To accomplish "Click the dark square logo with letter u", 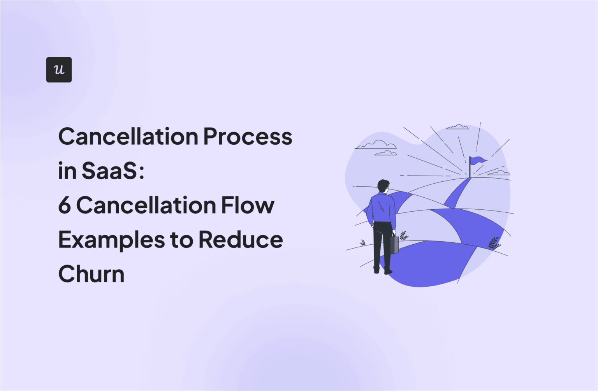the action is click(59, 70).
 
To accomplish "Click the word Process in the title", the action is click(248, 137).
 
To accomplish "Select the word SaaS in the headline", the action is click(109, 171).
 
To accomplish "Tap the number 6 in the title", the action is click(65, 205).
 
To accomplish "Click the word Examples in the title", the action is click(111, 240).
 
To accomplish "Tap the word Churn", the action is click(91, 274).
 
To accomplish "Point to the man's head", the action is click(383, 186).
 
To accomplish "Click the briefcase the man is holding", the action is click(394, 244).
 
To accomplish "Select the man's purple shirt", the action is click(381, 209).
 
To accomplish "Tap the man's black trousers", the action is click(382, 245).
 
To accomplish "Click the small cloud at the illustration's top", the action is click(457, 127).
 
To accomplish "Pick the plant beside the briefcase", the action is click(404, 235).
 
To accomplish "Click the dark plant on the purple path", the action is click(494, 243).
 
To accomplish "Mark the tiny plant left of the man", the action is click(362, 243).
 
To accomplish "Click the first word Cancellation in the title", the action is click(128, 137).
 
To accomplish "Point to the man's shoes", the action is click(383, 270).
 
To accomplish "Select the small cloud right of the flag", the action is click(499, 173).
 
